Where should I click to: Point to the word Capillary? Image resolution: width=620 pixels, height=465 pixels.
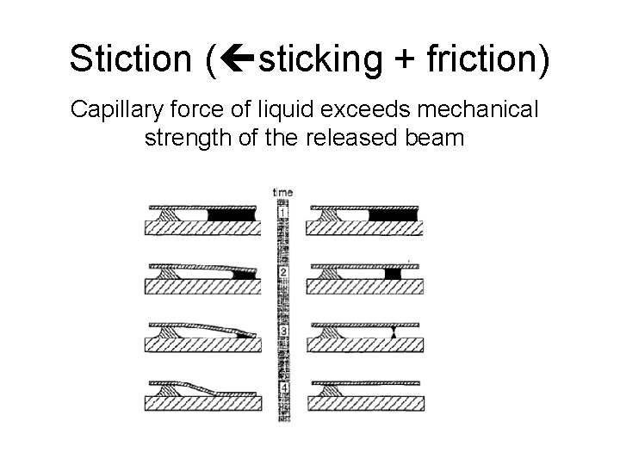tap(110, 109)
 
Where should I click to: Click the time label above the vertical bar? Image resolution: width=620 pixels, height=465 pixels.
tap(282, 191)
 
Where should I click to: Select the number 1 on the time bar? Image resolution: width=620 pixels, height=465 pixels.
tap(282, 212)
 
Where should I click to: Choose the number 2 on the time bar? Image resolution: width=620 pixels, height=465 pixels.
tap(282, 272)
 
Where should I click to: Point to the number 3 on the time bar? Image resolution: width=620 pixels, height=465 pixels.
tap(282, 331)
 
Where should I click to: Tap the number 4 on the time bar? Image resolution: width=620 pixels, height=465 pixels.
tap(282, 390)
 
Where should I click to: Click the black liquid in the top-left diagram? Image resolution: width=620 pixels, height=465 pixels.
tap(230, 214)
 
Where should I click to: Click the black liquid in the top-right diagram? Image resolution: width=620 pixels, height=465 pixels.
tap(393, 214)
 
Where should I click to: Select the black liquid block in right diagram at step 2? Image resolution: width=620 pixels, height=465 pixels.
tap(393, 273)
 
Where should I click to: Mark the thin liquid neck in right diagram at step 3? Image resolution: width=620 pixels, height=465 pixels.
tap(394, 332)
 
